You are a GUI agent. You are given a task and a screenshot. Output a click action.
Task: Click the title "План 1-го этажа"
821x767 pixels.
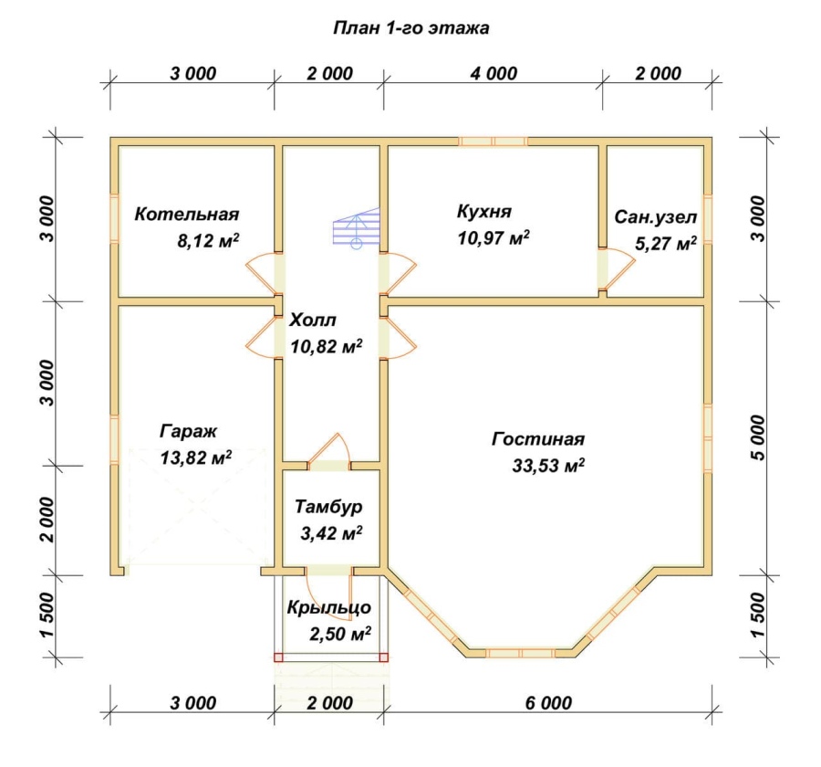(x=411, y=27)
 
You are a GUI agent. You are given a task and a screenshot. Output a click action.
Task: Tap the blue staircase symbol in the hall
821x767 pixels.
(x=356, y=227)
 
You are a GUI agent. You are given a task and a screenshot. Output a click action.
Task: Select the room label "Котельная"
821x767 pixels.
(x=187, y=214)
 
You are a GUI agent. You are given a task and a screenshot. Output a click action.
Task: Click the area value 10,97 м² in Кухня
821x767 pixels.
(x=494, y=238)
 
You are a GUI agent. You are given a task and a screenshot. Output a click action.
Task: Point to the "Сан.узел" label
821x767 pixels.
(x=656, y=217)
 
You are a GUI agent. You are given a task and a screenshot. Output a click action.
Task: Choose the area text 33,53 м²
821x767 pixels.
(x=548, y=465)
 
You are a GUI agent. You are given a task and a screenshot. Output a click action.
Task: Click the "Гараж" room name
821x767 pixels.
(x=188, y=432)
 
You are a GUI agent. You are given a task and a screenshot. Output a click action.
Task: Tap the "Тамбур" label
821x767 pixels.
(x=328, y=507)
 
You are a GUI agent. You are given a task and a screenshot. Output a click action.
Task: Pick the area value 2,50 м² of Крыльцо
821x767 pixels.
(x=340, y=634)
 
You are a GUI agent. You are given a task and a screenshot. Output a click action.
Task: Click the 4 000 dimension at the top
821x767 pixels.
(x=494, y=73)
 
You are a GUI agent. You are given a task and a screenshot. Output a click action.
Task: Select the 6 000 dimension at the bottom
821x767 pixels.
(x=548, y=702)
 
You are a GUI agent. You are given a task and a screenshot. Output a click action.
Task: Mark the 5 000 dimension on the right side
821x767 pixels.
(x=757, y=437)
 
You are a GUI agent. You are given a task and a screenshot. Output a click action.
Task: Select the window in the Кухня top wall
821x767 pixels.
(x=494, y=141)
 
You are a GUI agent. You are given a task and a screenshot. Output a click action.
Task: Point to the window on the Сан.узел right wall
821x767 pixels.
(x=707, y=219)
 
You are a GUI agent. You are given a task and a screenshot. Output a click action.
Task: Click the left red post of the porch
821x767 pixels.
(x=278, y=657)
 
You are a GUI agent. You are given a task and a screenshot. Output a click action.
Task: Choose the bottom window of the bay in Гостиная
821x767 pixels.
(x=520, y=653)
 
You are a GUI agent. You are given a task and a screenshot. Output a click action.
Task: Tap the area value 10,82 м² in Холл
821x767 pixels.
(x=327, y=347)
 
